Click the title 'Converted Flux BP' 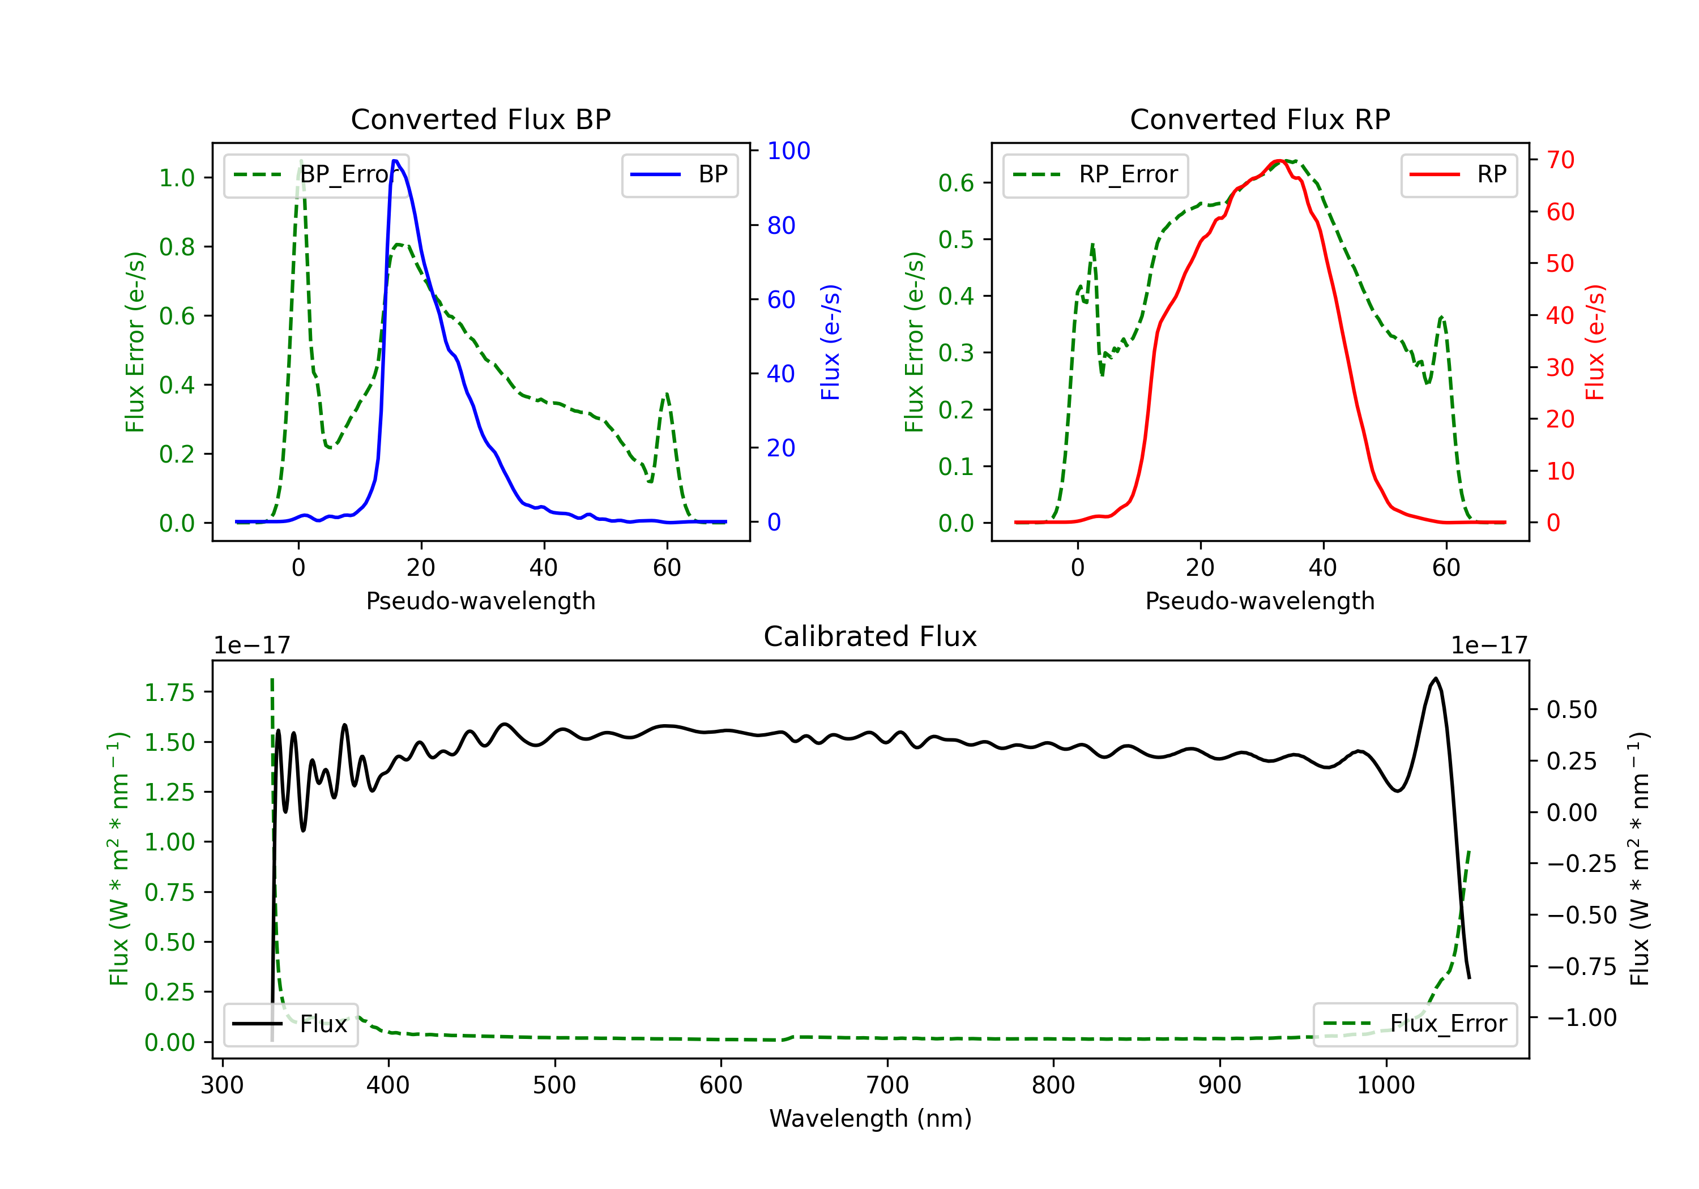point(480,119)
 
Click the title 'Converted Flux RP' point(1260,119)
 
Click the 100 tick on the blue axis point(788,151)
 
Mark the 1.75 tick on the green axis point(169,692)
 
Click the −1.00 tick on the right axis point(1581,1018)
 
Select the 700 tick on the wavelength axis point(887,1085)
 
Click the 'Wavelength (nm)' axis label point(870,1118)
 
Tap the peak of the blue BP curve point(395,161)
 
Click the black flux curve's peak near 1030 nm point(1436,678)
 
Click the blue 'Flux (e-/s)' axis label point(830,342)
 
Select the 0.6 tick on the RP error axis point(955,183)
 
